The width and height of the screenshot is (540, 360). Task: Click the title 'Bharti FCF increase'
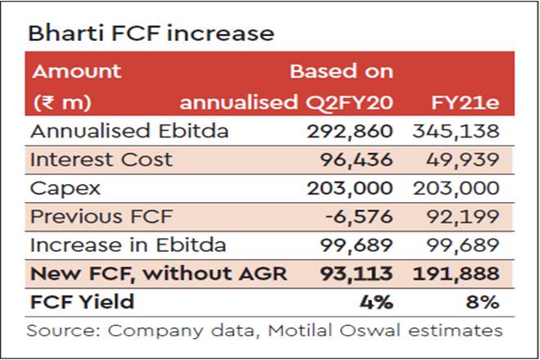pos(151,34)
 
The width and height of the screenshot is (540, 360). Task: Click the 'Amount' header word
pos(76,70)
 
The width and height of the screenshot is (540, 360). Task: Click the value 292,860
pos(350,131)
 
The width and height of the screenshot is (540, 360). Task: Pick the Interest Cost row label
pos(101,159)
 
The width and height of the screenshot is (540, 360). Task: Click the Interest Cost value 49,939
pos(464,159)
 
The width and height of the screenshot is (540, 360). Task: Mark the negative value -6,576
pos(360,216)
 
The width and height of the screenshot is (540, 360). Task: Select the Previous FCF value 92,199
pos(464,216)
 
